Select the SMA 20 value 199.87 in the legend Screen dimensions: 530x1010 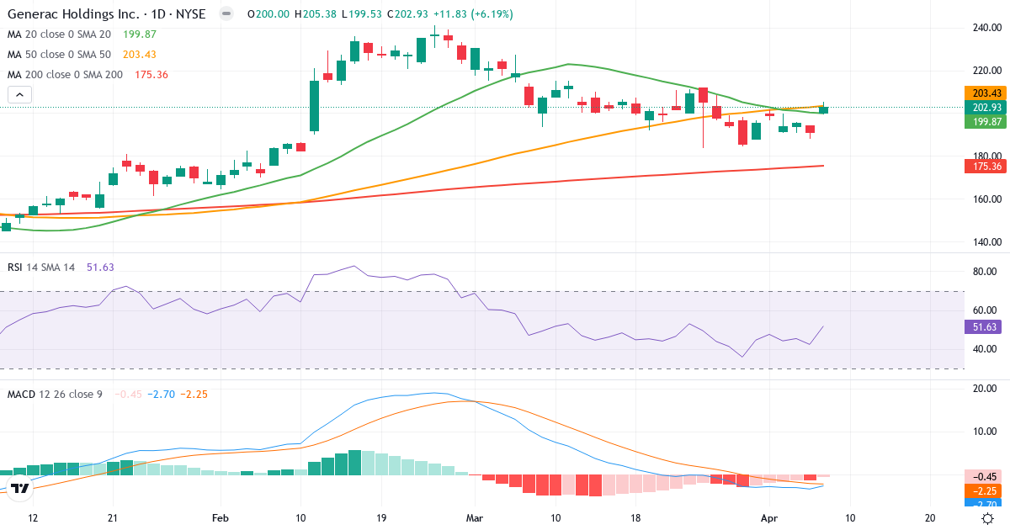coord(140,34)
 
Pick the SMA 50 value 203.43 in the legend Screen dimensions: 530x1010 coord(140,54)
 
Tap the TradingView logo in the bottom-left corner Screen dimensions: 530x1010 coord(21,488)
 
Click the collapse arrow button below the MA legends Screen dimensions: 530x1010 coord(19,94)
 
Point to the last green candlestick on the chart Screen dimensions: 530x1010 coord(823,109)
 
